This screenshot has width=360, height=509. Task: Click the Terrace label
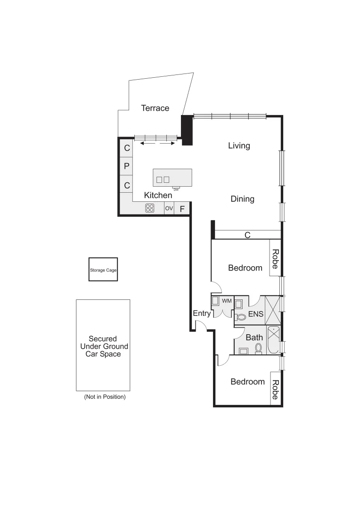[155, 108]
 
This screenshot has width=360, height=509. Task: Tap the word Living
[239, 146]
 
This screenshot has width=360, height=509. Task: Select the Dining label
[242, 199]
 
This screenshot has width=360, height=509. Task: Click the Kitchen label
[158, 195]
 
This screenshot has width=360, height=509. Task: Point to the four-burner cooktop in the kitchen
[150, 208]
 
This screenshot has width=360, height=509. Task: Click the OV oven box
[169, 208]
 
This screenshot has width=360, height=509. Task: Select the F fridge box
[182, 208]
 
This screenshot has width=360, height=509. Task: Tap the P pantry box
[126, 166]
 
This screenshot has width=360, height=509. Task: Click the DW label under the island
[176, 189]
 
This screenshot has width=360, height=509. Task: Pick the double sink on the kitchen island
[163, 180]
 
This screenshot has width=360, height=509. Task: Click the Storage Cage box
[103, 270]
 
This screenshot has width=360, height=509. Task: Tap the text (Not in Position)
[105, 397]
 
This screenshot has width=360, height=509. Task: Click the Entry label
[201, 313]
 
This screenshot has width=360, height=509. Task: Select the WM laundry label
[227, 300]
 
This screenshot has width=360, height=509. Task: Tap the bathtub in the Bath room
[273, 340]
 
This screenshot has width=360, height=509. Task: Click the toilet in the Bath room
[258, 348]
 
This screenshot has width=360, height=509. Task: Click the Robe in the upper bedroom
[275, 258]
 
